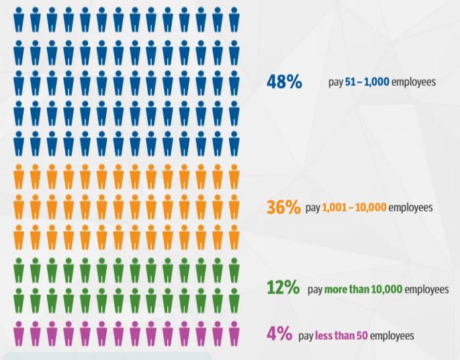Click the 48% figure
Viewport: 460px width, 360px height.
tap(284, 82)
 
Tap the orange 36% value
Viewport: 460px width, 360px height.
tap(283, 207)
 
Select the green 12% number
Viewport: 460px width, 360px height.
tap(283, 288)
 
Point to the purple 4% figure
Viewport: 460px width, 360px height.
tap(279, 334)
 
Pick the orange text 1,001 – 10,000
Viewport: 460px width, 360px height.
tap(355, 208)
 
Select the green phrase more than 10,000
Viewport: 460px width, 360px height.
tap(363, 289)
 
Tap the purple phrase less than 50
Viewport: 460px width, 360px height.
tap(341, 335)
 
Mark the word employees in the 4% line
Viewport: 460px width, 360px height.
tap(392, 335)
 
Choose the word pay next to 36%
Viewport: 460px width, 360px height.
tap(313, 208)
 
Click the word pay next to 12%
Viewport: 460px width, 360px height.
tap(315, 289)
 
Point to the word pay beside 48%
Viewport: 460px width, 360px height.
tap(336, 83)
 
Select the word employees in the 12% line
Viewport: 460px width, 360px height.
tap(427, 289)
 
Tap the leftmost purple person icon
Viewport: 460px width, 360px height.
tap(19, 333)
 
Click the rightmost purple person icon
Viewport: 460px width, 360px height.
tap(234, 333)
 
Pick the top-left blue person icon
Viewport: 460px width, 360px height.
tap(19, 20)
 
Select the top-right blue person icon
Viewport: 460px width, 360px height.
tap(234, 20)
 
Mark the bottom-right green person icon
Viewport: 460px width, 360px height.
tap(234, 301)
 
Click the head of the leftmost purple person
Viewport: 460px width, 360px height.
tap(19, 324)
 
